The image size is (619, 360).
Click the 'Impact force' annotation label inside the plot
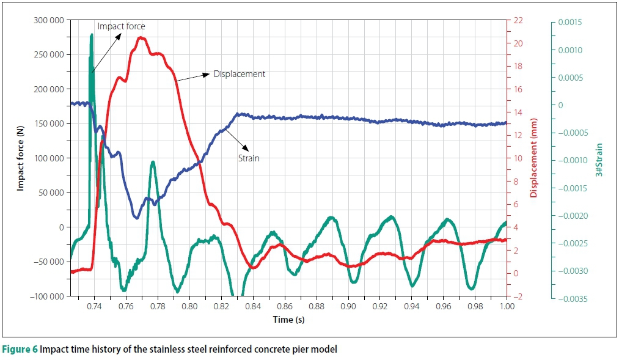121,26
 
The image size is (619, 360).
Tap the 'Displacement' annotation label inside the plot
239,74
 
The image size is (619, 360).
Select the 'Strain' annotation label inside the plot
249,158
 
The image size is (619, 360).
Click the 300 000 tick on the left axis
48,20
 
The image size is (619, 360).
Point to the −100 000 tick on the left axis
46,296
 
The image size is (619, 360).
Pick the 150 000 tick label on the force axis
48,123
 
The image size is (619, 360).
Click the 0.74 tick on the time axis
95,306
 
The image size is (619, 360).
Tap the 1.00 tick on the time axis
507,306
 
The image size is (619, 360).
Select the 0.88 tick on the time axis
317,306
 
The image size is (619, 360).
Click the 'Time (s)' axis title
288,320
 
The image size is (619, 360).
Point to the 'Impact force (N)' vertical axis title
20,158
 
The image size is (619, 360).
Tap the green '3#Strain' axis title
599,160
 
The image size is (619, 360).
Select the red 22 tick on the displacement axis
518,20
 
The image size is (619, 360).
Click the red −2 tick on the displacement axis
518,296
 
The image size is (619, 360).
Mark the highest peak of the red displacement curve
141,38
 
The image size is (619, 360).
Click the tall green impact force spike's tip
92,35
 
